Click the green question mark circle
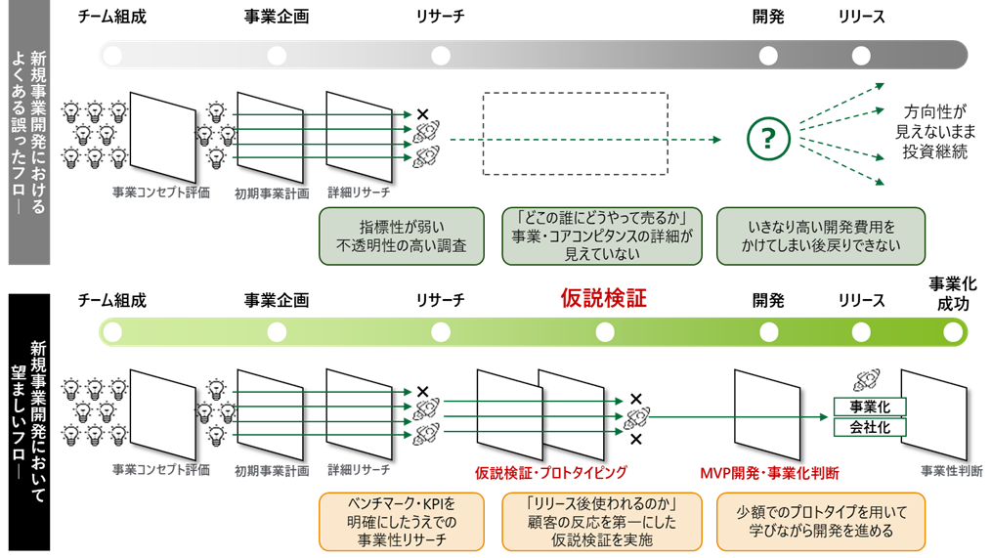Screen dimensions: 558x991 pyautogui.click(x=767, y=140)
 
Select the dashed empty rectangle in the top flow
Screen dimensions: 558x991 pyautogui.click(x=576, y=134)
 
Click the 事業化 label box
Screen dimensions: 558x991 pyautogui.click(x=870, y=407)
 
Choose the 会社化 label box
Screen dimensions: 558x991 pyautogui.click(x=870, y=427)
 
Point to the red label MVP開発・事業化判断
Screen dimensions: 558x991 pyautogui.click(x=769, y=472)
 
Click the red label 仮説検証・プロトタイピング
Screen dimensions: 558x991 pyautogui.click(x=550, y=472)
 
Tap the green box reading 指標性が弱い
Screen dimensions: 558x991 pyautogui.click(x=401, y=236)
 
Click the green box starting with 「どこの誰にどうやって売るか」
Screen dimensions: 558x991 pyautogui.click(x=602, y=236)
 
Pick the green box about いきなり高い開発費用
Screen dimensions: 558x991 pyautogui.click(x=821, y=236)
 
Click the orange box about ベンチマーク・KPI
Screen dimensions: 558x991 pyautogui.click(x=401, y=522)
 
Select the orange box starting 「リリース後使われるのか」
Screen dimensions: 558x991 pyautogui.click(x=602, y=522)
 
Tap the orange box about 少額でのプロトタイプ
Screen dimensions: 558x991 pyautogui.click(x=821, y=522)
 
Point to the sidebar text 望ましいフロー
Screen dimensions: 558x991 pyautogui.click(x=29, y=420)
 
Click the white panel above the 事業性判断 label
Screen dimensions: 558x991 pyautogui.click(x=933, y=414)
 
